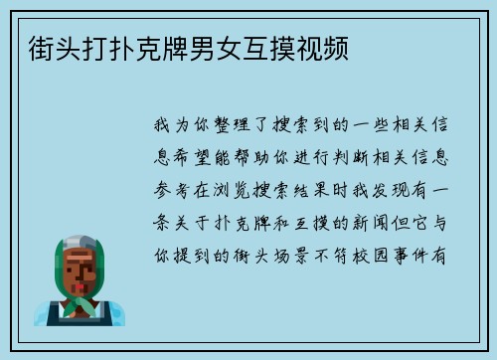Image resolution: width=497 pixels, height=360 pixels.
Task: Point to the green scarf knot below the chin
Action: [x=82, y=304]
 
